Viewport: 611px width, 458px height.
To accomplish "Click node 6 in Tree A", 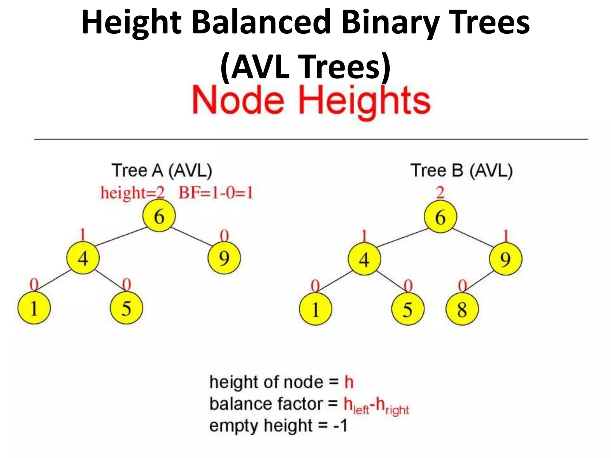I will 159,216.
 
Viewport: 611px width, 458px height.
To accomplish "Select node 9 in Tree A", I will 224,258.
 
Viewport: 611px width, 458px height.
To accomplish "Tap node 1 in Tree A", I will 34,308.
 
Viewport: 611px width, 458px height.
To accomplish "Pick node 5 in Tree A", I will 126,308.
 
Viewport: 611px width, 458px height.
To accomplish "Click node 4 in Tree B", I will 364,259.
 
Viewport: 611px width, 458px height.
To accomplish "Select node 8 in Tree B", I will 462,309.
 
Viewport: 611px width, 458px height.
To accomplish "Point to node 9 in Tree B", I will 506,259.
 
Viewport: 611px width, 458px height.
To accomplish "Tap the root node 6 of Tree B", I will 440,217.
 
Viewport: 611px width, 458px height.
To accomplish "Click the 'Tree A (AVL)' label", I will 162,171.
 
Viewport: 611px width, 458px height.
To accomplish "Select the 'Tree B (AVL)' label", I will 462,171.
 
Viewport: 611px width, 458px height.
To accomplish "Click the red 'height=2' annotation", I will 132,193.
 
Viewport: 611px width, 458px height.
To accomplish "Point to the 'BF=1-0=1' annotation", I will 216,193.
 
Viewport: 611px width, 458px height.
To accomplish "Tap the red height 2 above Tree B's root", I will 440,193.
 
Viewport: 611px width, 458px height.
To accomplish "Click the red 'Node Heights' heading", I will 311,100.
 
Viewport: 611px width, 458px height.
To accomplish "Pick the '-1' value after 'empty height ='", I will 340,425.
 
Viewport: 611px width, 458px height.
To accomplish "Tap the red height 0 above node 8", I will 462,286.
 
